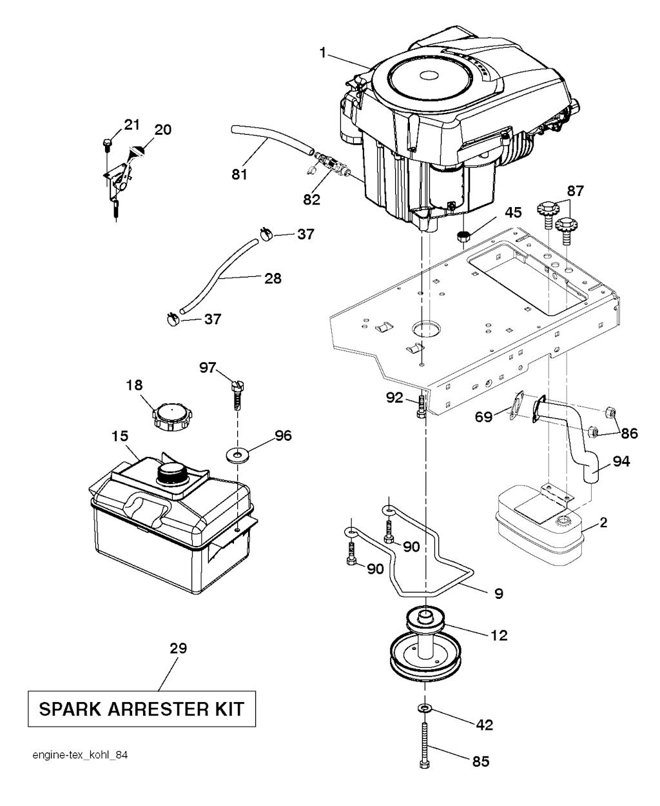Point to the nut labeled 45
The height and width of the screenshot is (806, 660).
[462, 237]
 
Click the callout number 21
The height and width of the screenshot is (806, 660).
[131, 124]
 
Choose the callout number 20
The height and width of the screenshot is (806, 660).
[162, 129]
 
